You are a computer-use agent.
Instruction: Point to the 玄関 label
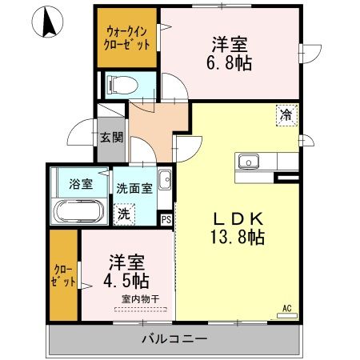pyautogui.click(x=111, y=137)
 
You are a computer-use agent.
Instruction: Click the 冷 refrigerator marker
pyautogui.click(x=286, y=114)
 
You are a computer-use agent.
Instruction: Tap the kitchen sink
pyautogui.click(x=250, y=162)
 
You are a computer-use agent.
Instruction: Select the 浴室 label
pyautogui.click(x=82, y=184)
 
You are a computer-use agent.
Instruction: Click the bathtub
pyautogui.click(x=79, y=213)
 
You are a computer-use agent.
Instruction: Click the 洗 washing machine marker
pyautogui.click(x=123, y=214)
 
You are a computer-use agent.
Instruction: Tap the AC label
pyautogui.click(x=287, y=306)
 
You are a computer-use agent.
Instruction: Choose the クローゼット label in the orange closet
pyautogui.click(x=63, y=275)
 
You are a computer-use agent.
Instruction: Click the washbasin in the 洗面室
pyautogui.click(x=164, y=178)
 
